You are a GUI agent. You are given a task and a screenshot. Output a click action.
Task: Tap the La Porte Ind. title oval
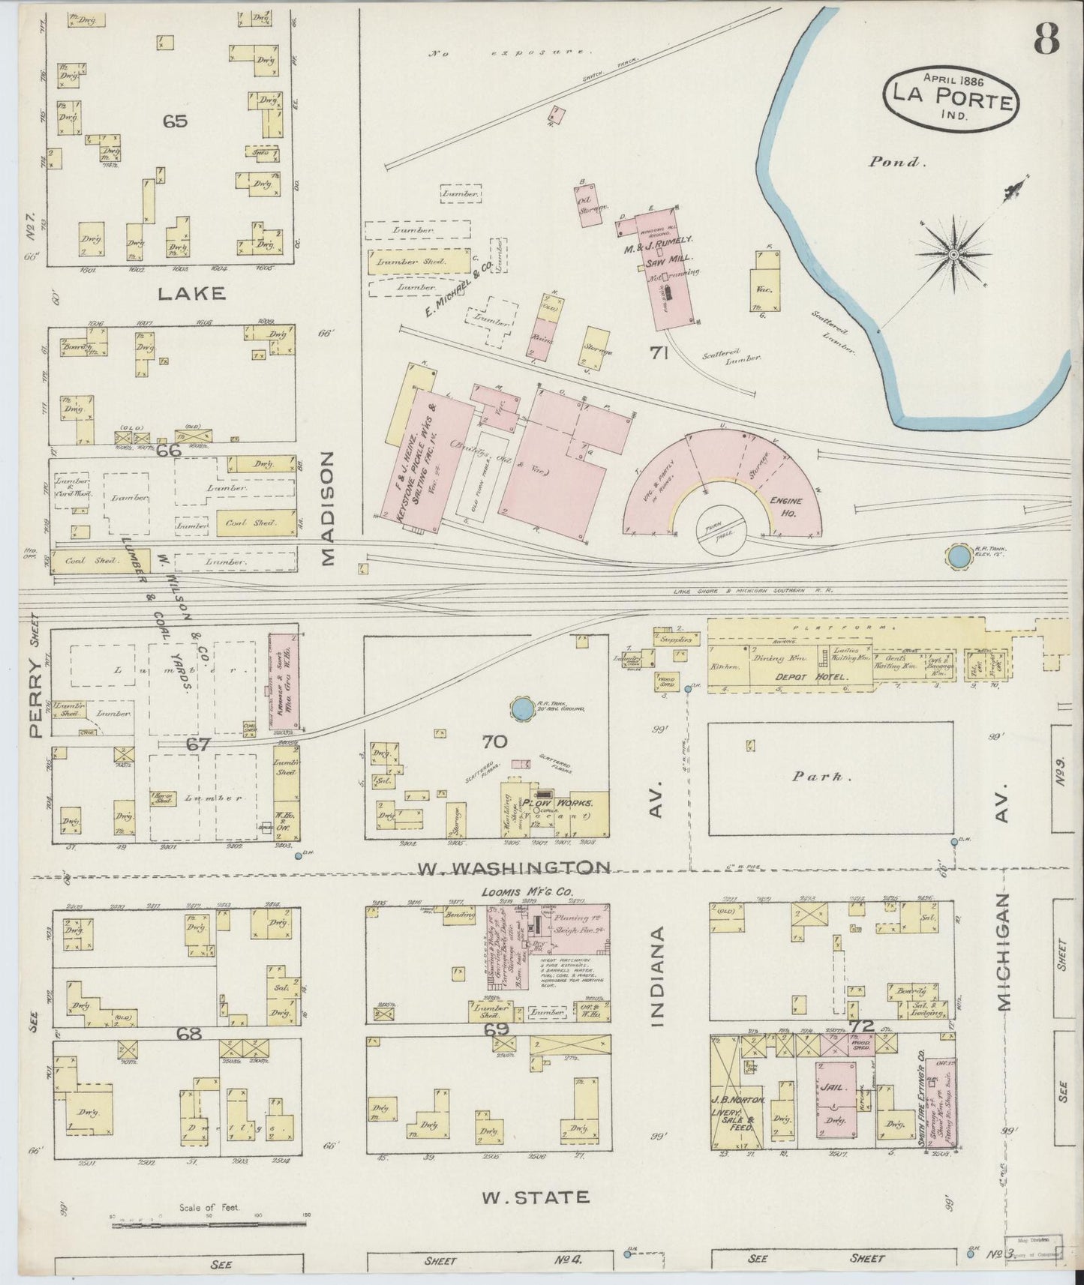click(x=952, y=97)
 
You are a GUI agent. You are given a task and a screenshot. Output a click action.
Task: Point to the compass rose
click(x=953, y=255)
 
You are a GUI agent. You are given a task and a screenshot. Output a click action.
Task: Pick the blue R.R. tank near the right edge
click(x=957, y=556)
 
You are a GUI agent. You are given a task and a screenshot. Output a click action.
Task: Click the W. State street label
click(x=534, y=1197)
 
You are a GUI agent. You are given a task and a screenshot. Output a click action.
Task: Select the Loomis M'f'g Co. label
click(x=534, y=893)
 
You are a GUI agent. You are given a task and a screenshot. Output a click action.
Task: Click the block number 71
click(x=659, y=352)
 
